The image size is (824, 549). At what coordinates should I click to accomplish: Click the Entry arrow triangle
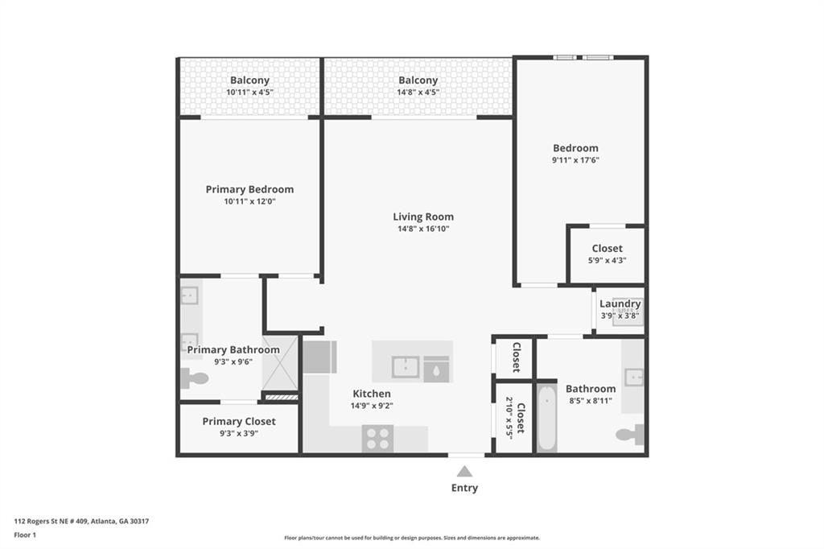tap(464, 471)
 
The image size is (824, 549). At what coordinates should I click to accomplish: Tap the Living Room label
tap(423, 217)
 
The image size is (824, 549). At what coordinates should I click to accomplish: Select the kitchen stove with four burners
tap(377, 439)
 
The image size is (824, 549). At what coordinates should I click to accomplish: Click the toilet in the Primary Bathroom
tap(194, 378)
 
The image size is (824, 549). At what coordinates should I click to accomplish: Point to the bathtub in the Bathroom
tap(546, 418)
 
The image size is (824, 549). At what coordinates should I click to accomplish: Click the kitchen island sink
tap(406, 367)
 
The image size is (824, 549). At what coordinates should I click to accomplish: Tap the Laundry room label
tap(620, 304)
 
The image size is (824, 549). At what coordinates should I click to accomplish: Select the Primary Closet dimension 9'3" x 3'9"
tap(238, 433)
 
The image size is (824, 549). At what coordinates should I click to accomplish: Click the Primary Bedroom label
tap(249, 189)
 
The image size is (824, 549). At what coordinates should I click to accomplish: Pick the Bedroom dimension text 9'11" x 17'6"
tap(575, 160)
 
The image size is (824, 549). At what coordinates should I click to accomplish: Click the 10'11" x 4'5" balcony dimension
tap(249, 92)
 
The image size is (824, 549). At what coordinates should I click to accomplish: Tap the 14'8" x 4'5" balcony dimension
tap(418, 92)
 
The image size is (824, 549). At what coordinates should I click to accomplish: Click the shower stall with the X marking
tap(280, 363)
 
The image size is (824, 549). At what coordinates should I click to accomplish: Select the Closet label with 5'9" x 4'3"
tap(607, 248)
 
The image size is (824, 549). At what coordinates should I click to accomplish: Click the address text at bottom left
tap(81, 521)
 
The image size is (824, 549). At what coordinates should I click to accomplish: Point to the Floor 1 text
tap(25, 535)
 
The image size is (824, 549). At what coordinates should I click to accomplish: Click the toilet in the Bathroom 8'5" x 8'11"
tap(629, 434)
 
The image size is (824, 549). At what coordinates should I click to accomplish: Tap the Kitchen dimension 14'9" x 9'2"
tap(372, 406)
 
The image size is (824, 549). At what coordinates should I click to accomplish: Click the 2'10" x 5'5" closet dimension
tap(509, 418)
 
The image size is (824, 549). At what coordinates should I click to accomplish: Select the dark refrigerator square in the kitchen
tap(319, 357)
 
